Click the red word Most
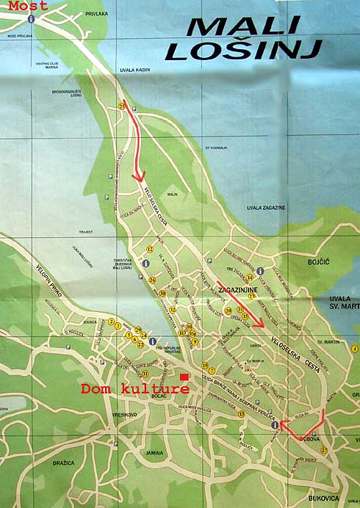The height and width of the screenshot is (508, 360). pos(29,6)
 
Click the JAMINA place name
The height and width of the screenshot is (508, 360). pos(154,452)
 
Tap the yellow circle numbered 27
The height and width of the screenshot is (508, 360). pos(323,450)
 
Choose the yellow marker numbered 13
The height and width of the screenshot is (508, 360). pos(241,415)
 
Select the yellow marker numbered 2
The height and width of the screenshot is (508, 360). pos(111,322)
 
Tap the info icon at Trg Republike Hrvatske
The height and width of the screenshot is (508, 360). pos(153,341)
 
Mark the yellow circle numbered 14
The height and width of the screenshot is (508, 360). pos(250,277)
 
